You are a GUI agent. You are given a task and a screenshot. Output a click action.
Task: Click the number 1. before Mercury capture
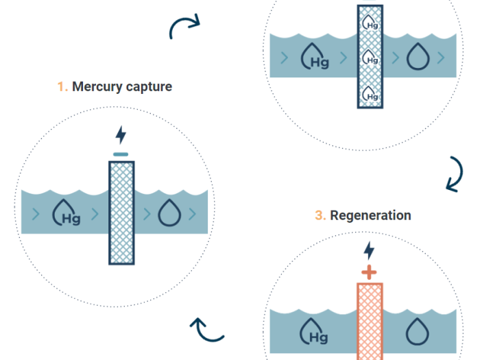point(63,87)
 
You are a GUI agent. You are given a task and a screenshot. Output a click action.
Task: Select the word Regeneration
point(370,215)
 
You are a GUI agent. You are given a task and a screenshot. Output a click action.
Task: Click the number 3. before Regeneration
point(320,215)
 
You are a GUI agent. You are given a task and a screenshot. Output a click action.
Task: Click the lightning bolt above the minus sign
point(121,134)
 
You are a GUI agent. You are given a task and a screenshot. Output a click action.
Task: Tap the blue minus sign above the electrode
point(121,154)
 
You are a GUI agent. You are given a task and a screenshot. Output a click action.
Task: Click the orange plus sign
point(369,272)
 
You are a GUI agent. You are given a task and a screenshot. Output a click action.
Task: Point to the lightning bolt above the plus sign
point(369,250)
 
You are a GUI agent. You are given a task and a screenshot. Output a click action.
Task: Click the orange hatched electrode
point(370,319)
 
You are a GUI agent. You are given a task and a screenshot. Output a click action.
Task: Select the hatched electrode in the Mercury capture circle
point(122,213)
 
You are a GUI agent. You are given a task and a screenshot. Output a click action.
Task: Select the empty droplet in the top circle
point(416,58)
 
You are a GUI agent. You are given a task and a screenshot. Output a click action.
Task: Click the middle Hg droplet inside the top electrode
point(370,58)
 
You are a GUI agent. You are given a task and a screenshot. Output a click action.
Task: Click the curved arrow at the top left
point(184,27)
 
